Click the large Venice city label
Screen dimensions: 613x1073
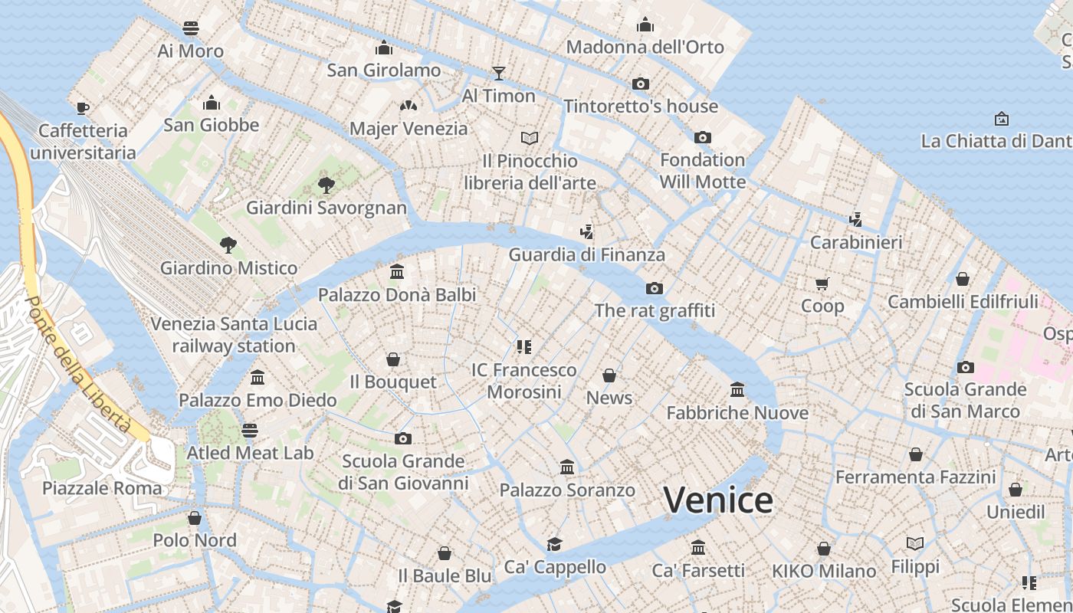point(718,500)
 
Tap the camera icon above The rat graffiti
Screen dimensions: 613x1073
point(654,288)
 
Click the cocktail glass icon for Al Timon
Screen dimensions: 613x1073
point(499,73)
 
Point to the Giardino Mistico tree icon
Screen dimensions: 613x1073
point(228,245)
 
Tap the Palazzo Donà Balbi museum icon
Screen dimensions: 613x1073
point(397,271)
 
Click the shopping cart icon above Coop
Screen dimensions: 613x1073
point(822,284)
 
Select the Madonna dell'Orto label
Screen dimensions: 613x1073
point(645,47)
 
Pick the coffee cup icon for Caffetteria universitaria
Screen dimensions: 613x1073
point(83,107)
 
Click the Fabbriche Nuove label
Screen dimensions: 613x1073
point(737,413)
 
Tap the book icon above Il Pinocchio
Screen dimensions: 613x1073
point(530,138)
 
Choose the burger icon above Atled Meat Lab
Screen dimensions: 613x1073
point(250,430)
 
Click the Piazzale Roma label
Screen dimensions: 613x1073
point(102,488)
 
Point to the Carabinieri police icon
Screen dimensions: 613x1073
point(856,220)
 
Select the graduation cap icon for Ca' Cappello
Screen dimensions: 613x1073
point(554,544)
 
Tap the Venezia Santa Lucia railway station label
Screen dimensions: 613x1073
point(234,334)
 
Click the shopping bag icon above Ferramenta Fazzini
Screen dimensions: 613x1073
point(915,454)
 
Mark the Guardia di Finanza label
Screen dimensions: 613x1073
point(586,254)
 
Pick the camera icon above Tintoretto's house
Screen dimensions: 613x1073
point(641,84)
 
